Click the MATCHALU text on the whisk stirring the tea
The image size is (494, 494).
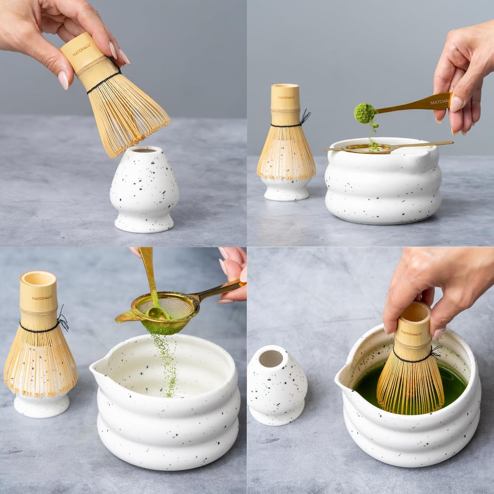[x=411, y=333]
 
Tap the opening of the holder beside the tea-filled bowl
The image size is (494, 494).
[x=271, y=359]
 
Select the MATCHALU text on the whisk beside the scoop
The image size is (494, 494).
[x=286, y=97]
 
